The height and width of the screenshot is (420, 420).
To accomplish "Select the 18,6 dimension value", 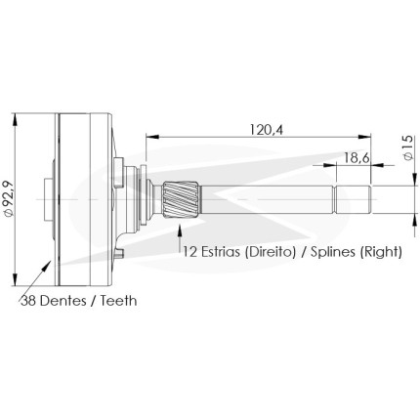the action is (x=357, y=158).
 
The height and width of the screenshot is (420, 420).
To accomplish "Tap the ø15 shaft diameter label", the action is (x=408, y=147).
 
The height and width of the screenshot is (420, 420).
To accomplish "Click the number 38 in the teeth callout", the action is (x=28, y=301).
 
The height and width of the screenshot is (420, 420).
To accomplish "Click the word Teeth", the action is (x=118, y=301).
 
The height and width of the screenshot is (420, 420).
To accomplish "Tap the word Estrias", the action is (x=222, y=252).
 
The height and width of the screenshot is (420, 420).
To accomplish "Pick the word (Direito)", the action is (x=271, y=252).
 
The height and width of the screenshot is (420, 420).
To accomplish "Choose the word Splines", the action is (x=333, y=252).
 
